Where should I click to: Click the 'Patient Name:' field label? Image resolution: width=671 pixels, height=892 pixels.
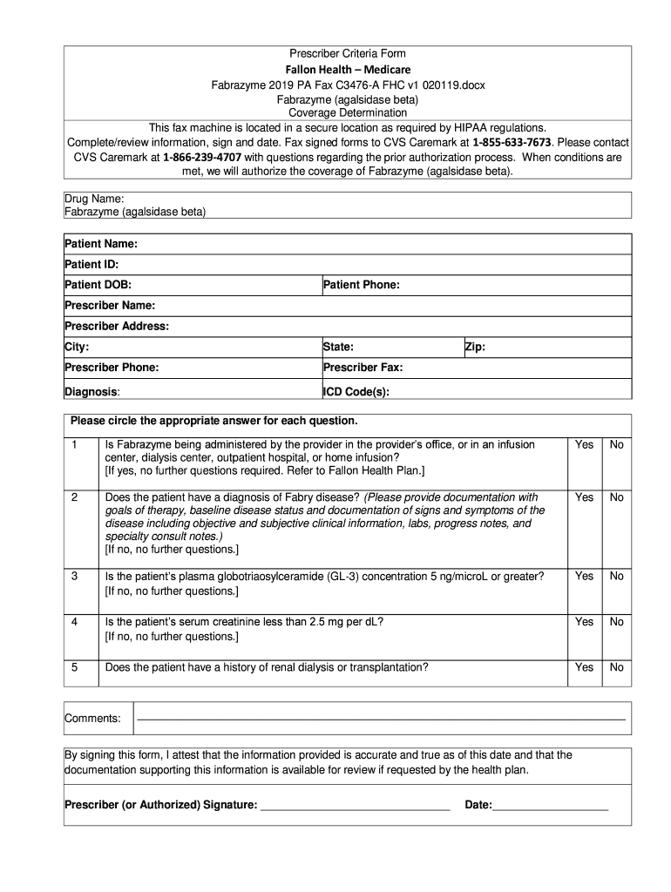101,243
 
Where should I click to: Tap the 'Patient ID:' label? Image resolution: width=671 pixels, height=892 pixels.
91,264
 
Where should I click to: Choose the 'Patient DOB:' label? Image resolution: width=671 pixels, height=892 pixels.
98,285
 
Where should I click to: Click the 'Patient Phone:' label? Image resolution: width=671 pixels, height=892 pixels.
361,285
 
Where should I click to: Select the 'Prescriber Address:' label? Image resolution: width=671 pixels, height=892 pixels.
117,326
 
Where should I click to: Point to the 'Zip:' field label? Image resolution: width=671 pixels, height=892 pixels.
475,347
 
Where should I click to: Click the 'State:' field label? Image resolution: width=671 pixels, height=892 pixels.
338,347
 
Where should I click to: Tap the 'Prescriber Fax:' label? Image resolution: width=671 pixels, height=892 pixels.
363,368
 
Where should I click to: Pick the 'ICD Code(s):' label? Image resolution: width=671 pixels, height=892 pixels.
356,392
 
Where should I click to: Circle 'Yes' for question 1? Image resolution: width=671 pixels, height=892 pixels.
584,444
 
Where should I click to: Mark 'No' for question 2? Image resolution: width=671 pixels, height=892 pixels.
617,497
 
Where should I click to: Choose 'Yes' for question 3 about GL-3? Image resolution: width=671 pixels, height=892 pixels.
584,576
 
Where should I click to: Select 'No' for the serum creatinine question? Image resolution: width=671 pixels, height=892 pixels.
617,621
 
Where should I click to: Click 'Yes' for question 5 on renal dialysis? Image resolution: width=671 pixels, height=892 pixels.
584,667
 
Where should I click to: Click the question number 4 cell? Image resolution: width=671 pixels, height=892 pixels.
75,621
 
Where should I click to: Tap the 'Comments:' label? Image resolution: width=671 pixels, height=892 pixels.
92,719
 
